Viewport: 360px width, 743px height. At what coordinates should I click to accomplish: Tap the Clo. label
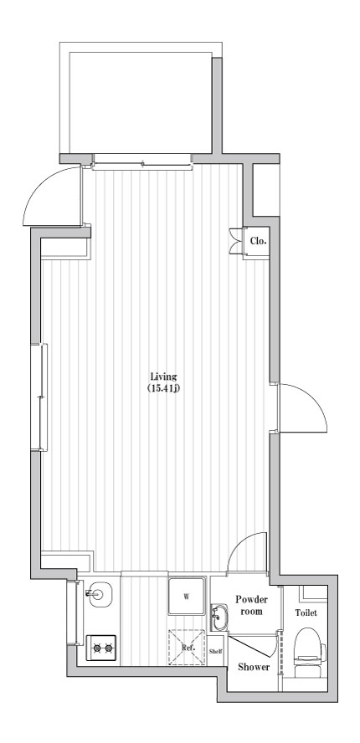point(258,241)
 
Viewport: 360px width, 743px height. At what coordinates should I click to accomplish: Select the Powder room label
point(251,605)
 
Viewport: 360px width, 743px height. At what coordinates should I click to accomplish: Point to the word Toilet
point(306,613)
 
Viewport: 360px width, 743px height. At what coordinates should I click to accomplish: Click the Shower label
point(254,667)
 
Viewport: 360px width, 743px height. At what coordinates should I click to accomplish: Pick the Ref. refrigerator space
point(187,647)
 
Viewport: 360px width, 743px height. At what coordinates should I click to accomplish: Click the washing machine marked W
point(187,597)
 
